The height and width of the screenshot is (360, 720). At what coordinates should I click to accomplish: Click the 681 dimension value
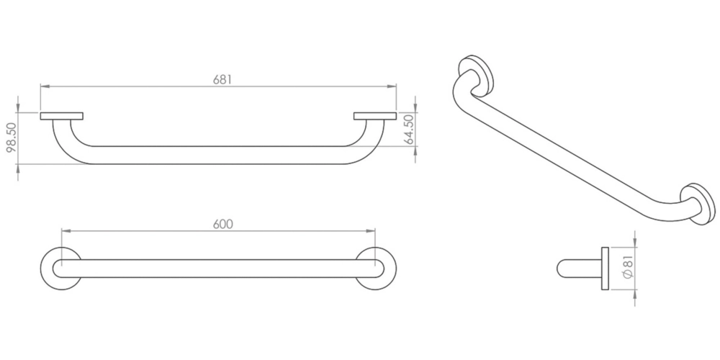click(222, 79)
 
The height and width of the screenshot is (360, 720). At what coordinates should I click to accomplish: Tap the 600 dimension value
click(223, 224)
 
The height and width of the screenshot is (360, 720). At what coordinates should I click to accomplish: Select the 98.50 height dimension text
click(12, 137)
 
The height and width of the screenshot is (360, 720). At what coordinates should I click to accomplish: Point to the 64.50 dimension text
click(409, 130)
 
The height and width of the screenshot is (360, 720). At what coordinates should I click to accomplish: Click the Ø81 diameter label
click(629, 268)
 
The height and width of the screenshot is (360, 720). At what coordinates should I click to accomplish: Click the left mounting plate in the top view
click(61, 116)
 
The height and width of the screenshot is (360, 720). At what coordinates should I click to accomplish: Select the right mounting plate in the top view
click(374, 116)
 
